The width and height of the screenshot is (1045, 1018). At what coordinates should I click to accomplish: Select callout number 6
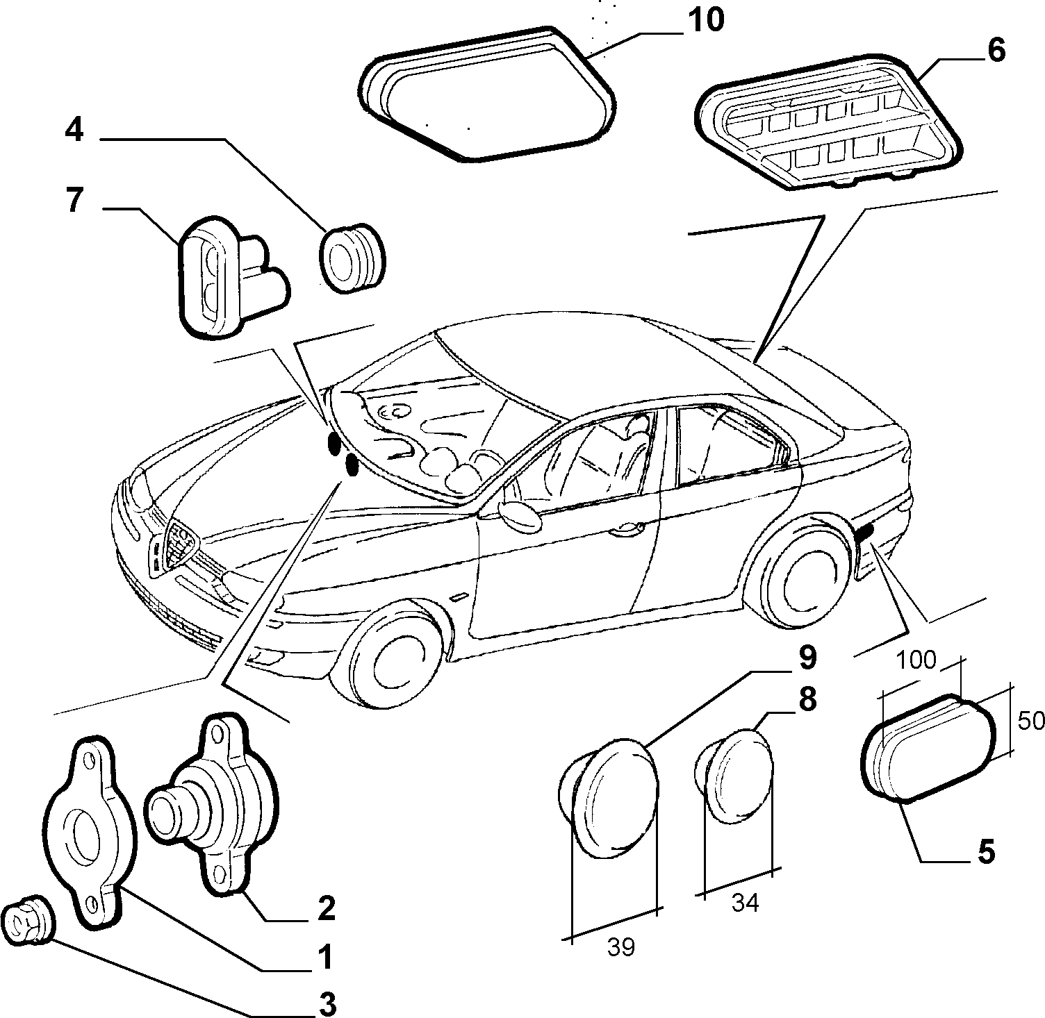pos(995,51)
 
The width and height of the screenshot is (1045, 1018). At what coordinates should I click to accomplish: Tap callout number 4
pos(75,131)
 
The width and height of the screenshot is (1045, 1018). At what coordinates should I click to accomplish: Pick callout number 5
pos(985,851)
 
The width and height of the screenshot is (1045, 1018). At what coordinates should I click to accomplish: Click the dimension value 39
pos(620,947)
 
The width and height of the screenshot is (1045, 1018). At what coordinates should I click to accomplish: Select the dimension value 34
pos(745,903)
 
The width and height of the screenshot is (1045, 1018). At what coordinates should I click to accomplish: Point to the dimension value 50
pos(1031,721)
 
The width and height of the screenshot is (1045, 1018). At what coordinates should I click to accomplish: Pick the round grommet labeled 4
pos(352,258)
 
